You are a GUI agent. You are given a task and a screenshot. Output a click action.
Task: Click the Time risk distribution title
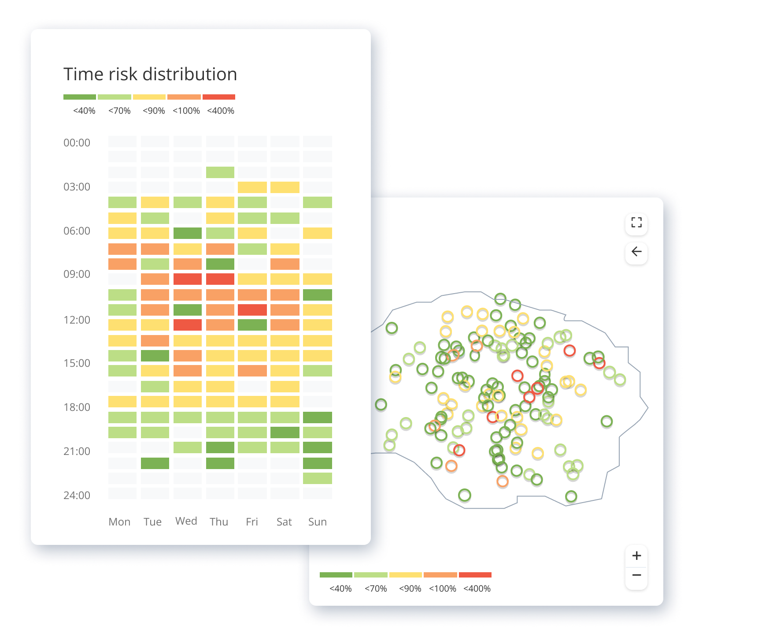click(x=150, y=74)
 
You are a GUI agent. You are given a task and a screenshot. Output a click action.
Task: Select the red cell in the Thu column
click(x=220, y=279)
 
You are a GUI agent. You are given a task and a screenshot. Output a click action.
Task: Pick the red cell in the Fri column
click(x=252, y=310)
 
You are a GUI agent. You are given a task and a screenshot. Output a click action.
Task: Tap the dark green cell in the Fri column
click(x=252, y=325)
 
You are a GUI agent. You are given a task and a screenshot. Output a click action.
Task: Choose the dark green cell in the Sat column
click(x=285, y=432)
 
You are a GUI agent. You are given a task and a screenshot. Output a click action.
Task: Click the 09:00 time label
click(x=77, y=274)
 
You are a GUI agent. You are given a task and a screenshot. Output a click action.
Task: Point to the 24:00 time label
click(x=77, y=495)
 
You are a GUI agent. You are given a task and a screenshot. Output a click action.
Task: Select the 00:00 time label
click(x=77, y=142)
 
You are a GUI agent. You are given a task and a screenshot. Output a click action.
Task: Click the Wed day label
click(x=186, y=521)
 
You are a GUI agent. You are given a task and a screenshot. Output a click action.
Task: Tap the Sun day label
click(x=317, y=522)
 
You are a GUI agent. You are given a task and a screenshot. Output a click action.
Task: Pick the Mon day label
click(x=119, y=522)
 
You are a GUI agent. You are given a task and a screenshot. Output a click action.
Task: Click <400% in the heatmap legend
click(x=220, y=111)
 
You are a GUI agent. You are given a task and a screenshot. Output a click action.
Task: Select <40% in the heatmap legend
click(x=84, y=111)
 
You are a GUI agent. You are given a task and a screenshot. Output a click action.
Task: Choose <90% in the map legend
click(x=410, y=589)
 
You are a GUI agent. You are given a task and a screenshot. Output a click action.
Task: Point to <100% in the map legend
click(x=443, y=589)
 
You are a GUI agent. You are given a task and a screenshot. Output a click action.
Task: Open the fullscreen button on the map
click(x=636, y=223)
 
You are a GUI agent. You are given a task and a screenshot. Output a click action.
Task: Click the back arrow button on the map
click(x=636, y=252)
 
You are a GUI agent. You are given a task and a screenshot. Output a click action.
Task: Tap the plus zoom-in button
click(x=636, y=555)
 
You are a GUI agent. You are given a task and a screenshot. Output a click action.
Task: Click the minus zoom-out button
click(x=636, y=575)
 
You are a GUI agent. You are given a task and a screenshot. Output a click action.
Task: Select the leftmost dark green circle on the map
click(x=381, y=404)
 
